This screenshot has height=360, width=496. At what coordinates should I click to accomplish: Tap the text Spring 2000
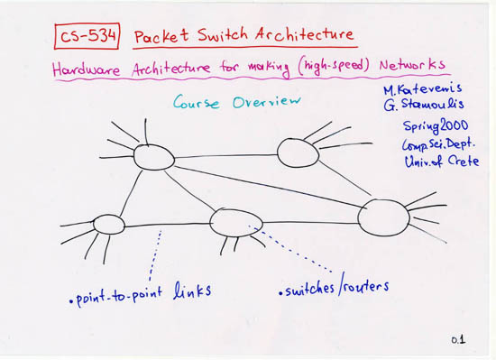[423, 126]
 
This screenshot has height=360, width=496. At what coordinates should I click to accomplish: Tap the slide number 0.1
[458, 339]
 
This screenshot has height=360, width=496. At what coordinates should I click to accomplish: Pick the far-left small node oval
[108, 223]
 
